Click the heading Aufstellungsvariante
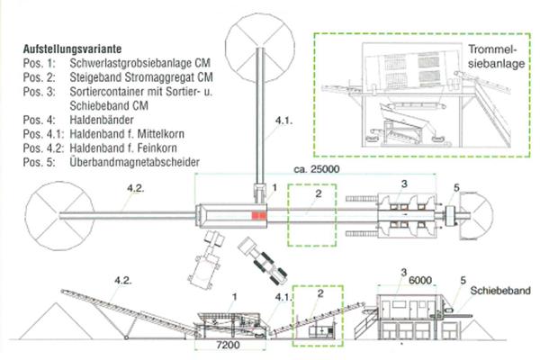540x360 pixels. click(72, 49)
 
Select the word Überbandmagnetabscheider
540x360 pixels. click(135, 162)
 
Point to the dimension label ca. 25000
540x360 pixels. click(317, 169)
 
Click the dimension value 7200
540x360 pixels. click(229, 345)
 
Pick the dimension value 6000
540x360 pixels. click(419, 280)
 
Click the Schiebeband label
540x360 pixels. click(500, 291)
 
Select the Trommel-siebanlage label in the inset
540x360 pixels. click(496, 57)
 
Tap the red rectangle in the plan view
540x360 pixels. click(259, 215)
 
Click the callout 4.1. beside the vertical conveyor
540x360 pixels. click(283, 121)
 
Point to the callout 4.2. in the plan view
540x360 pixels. click(136, 188)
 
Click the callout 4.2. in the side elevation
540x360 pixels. click(123, 280)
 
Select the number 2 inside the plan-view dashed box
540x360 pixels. click(319, 193)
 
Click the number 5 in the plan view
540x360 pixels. click(456, 188)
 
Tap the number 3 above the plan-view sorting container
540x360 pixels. click(404, 184)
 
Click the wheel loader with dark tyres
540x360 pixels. click(263, 261)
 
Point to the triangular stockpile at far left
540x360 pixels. click(56, 321)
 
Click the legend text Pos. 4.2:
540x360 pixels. click(43, 148)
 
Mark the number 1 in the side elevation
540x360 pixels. click(235, 296)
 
